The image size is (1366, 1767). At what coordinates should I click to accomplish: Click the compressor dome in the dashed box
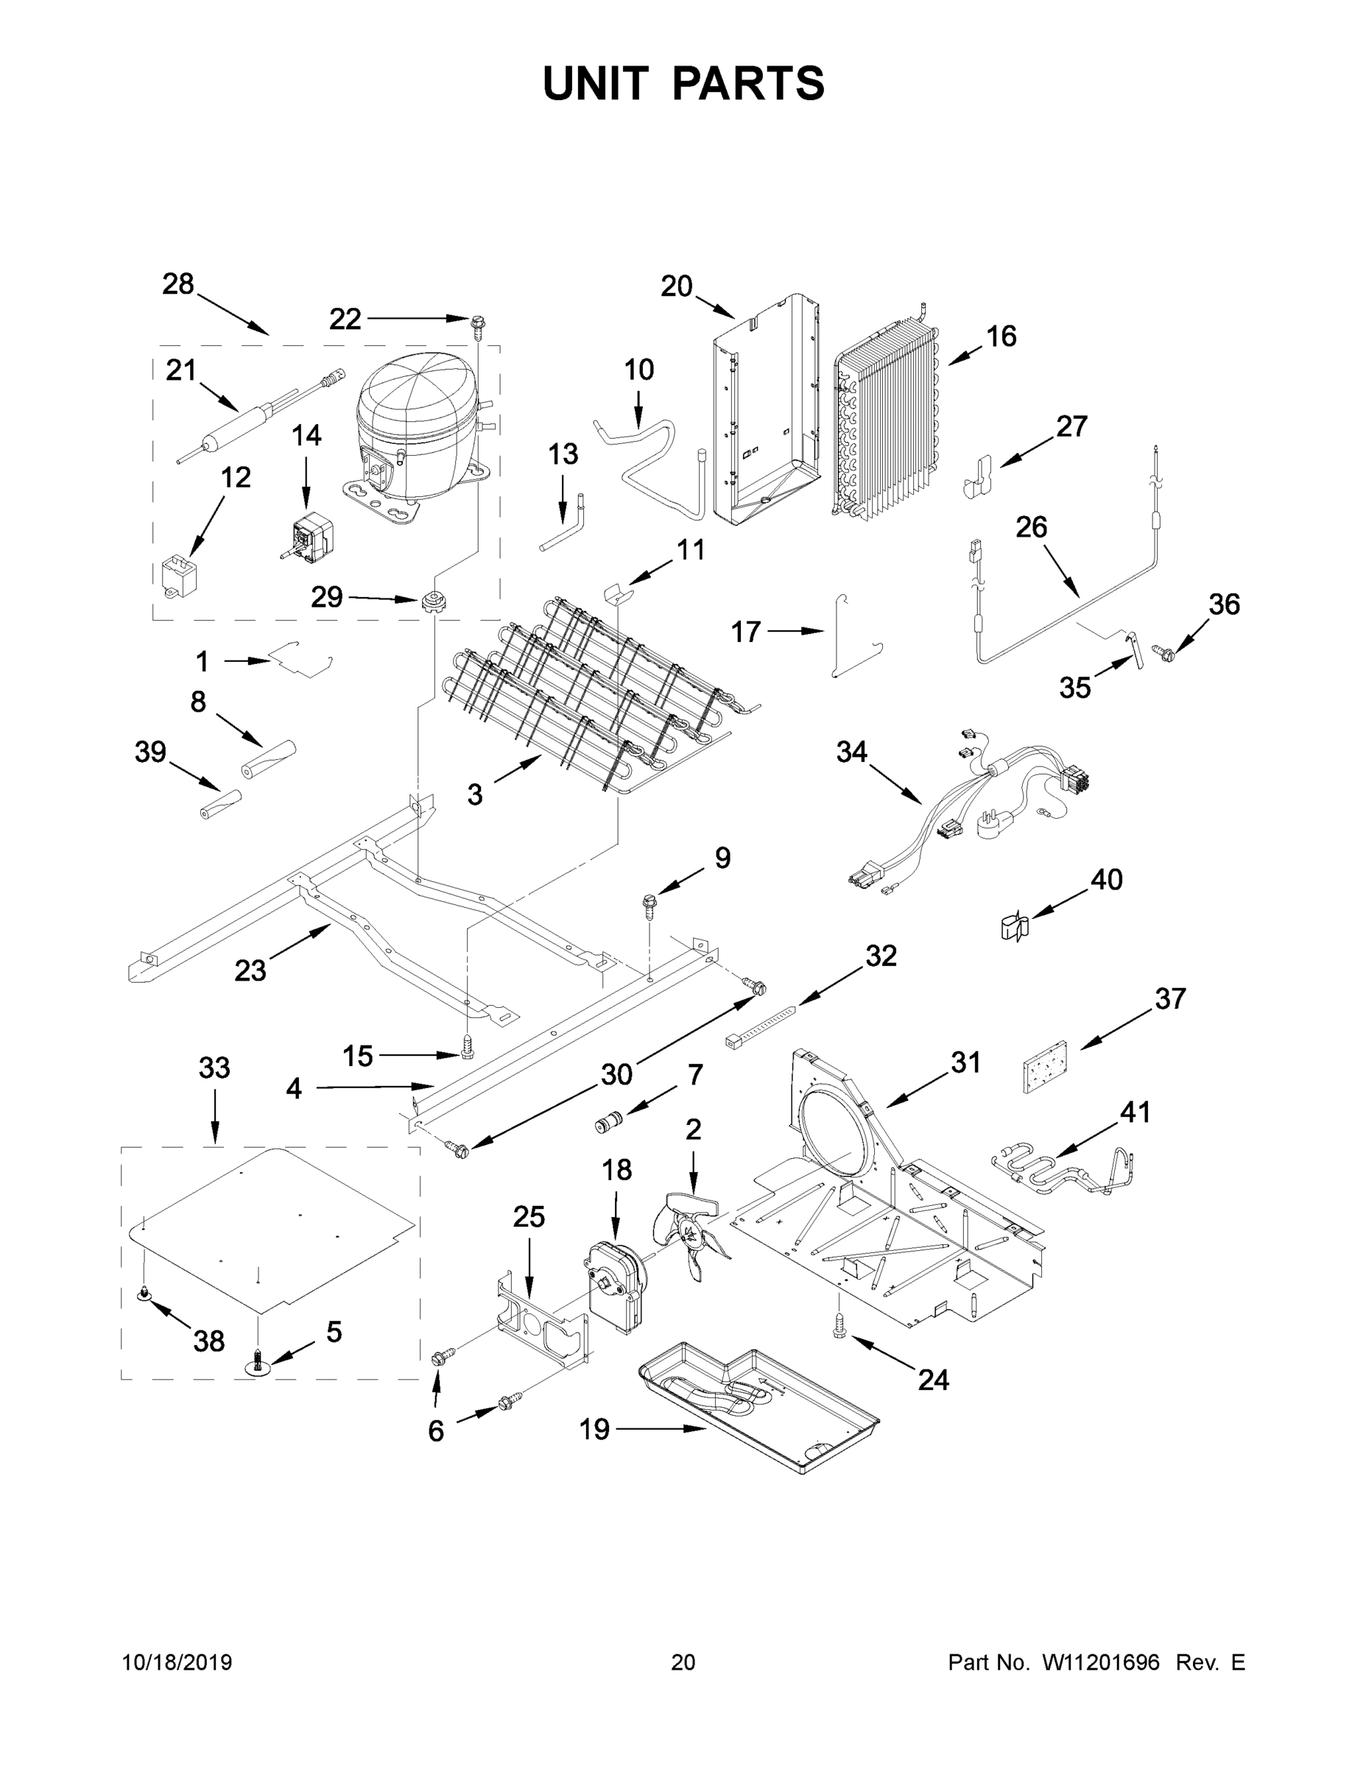pyautogui.click(x=412, y=412)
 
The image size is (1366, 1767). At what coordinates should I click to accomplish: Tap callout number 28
pyautogui.click(x=178, y=284)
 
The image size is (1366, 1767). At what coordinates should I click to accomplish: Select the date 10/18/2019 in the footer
pyautogui.click(x=177, y=1662)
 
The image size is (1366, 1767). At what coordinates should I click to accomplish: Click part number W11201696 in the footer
pyautogui.click(x=1101, y=1662)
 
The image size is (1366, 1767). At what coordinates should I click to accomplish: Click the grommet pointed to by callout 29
pyautogui.click(x=434, y=602)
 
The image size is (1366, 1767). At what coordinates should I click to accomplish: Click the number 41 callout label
pyautogui.click(x=1135, y=1112)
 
